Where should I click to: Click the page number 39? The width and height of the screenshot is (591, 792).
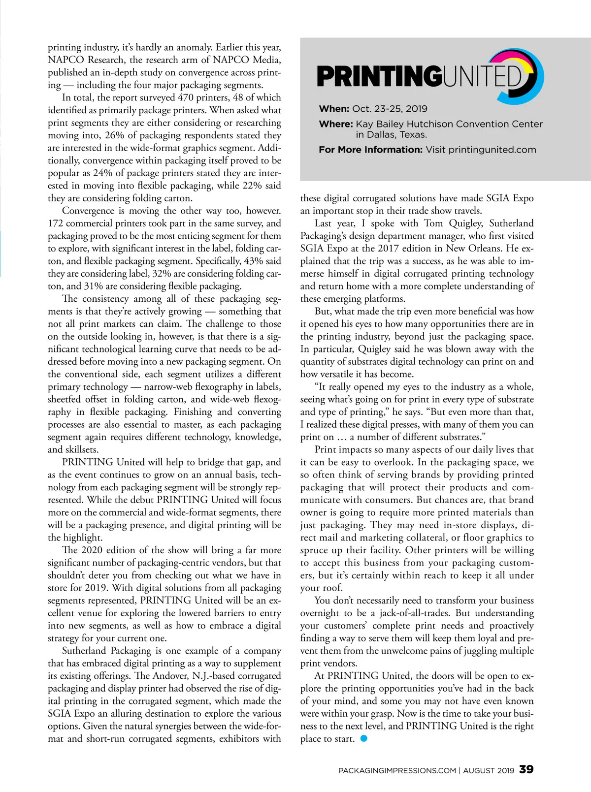526,769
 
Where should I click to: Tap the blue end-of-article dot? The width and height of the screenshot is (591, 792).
364,738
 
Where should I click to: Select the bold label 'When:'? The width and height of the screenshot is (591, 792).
334,109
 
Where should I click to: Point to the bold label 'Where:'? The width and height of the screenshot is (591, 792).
336,124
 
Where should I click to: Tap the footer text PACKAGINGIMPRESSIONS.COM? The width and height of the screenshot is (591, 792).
397,770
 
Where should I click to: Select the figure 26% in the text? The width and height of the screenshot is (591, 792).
115,135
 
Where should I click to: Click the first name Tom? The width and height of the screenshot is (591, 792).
433,223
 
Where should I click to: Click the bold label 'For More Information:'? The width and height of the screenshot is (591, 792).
370,150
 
